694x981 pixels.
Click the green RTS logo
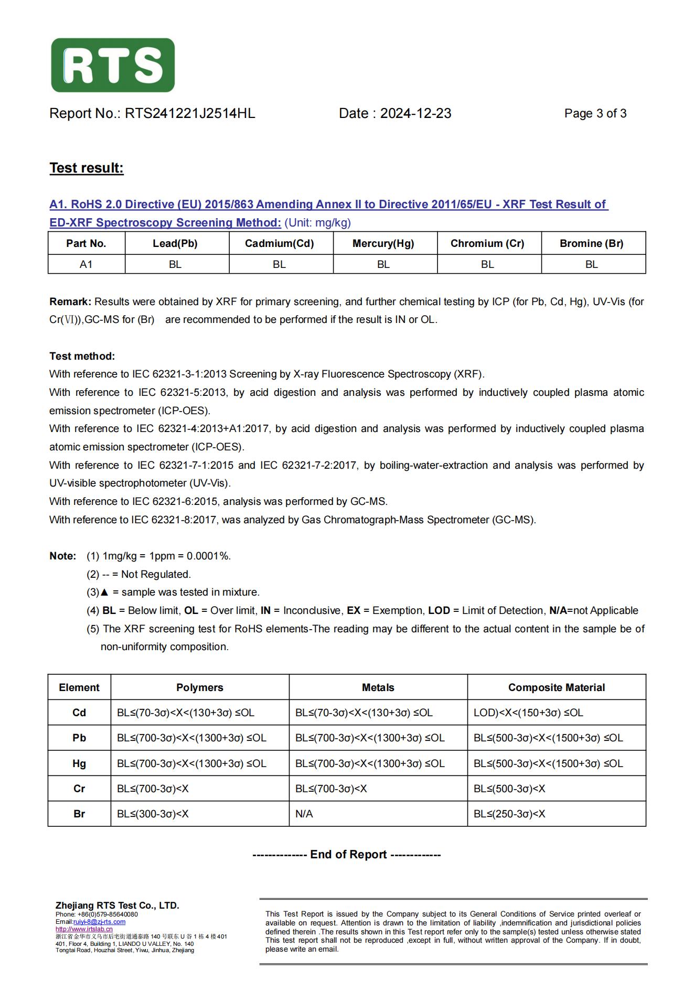[x=113, y=65]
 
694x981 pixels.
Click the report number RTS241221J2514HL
[x=189, y=114]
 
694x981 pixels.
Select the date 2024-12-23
[x=415, y=114]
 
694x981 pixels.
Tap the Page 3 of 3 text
[x=595, y=114]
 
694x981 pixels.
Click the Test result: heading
[x=87, y=168]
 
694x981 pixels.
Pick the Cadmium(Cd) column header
[x=279, y=243]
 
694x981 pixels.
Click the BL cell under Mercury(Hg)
[x=383, y=264]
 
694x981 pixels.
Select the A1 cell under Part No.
[x=86, y=264]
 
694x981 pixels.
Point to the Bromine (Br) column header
[x=591, y=243]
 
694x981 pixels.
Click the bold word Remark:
[x=70, y=302]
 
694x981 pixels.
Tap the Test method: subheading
[x=82, y=357]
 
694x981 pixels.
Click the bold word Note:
[x=63, y=556]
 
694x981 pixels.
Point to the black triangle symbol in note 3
[x=104, y=592]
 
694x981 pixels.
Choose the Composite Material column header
[x=556, y=687]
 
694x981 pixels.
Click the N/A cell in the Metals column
[x=304, y=814]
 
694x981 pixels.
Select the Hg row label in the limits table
[x=79, y=763]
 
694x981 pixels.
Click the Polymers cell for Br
[x=153, y=814]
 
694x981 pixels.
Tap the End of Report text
[x=347, y=855]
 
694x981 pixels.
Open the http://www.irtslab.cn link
[x=84, y=929]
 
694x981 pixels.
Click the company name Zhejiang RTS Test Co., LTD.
[x=118, y=905]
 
